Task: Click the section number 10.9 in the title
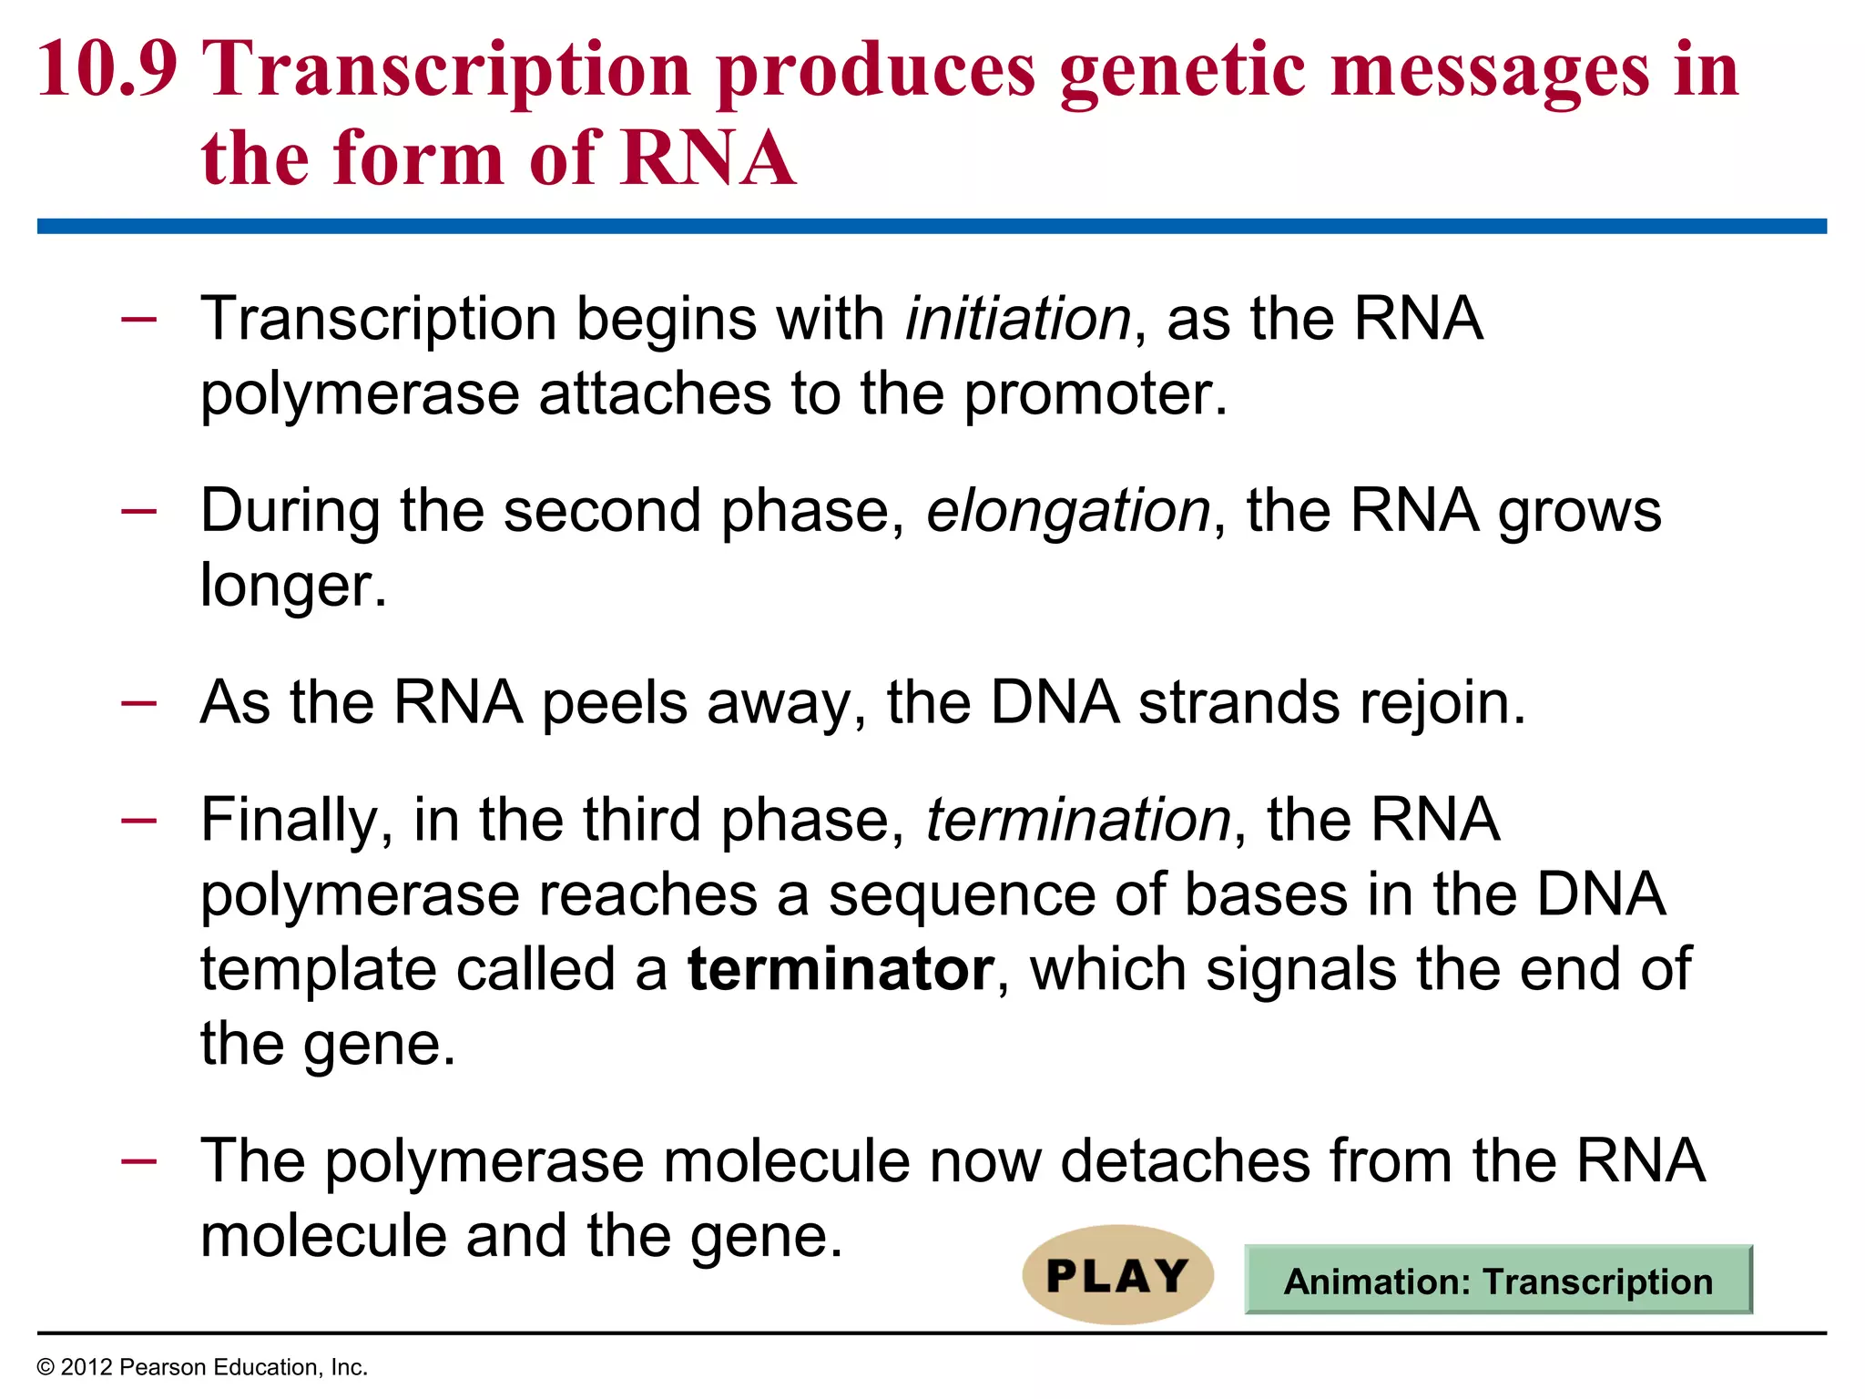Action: coord(107,69)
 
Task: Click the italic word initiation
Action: coord(1018,319)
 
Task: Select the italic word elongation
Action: coord(1068,510)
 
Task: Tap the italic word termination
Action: coord(1078,820)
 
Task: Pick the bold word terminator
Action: coord(841,969)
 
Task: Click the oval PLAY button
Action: coord(1117,1274)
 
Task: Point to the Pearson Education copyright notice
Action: coord(202,1367)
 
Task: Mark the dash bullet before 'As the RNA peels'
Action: coord(138,702)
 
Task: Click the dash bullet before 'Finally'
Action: coord(138,820)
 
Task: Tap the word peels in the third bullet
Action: coord(614,703)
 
